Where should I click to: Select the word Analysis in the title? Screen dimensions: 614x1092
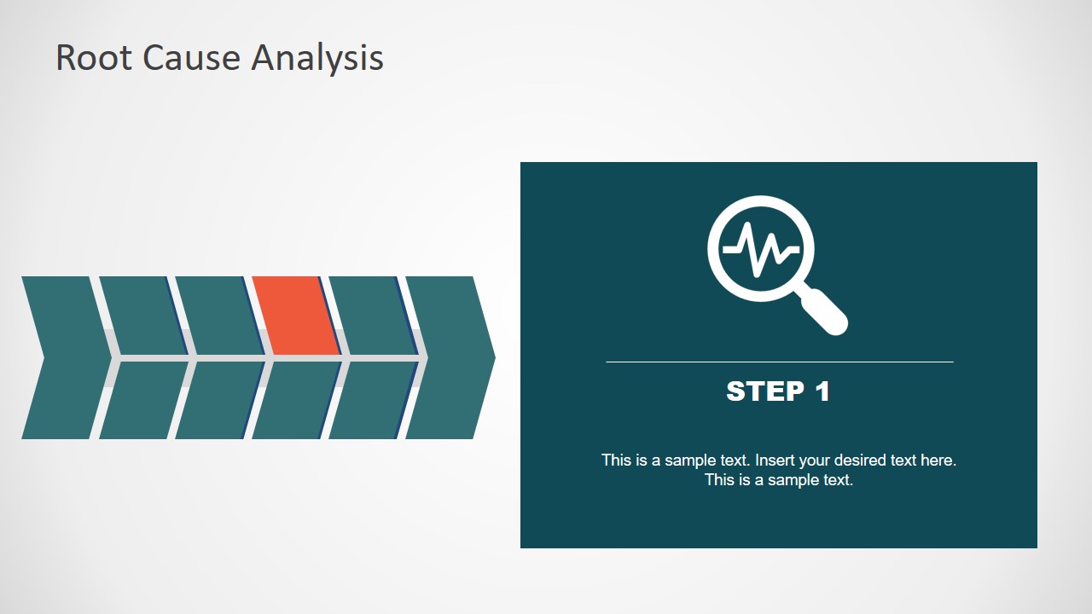point(317,58)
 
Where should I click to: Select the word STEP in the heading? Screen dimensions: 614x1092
point(765,391)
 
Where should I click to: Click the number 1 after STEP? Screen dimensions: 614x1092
point(822,391)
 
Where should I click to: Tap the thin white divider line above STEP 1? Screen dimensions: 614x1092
point(779,362)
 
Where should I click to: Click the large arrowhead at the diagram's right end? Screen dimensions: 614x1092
point(452,357)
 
